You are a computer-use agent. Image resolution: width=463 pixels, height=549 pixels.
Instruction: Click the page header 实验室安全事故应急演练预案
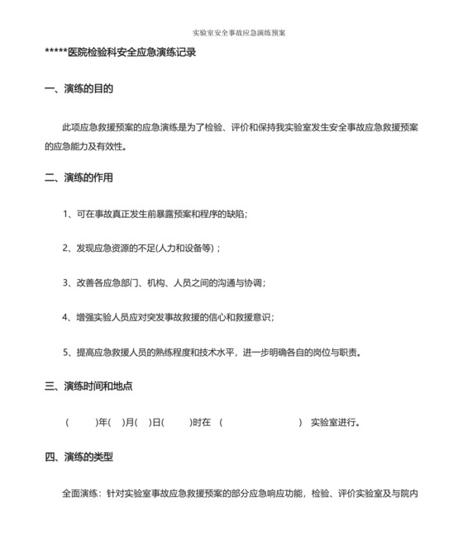[239, 33]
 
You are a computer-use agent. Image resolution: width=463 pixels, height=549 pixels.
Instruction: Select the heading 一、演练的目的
[79, 88]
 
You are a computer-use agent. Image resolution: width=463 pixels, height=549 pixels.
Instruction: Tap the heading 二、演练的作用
[79, 177]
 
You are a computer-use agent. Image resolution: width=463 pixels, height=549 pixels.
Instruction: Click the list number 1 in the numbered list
[65, 215]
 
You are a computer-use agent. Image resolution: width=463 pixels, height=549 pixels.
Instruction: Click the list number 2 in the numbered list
[65, 248]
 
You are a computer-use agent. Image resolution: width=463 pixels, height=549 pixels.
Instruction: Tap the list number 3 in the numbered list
[65, 282]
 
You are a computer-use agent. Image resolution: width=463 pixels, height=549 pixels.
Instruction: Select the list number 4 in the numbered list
[65, 317]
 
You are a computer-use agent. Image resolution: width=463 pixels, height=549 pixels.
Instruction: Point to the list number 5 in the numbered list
[65, 352]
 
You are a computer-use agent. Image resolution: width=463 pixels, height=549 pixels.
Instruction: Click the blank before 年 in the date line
[82, 423]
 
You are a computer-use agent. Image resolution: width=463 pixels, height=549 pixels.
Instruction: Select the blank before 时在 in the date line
[177, 423]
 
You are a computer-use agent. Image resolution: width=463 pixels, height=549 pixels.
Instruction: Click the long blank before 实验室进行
[261, 423]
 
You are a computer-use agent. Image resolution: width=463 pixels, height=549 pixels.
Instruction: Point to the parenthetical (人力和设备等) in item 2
[185, 248]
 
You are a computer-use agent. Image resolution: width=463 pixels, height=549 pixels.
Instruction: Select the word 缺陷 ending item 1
[235, 215]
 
